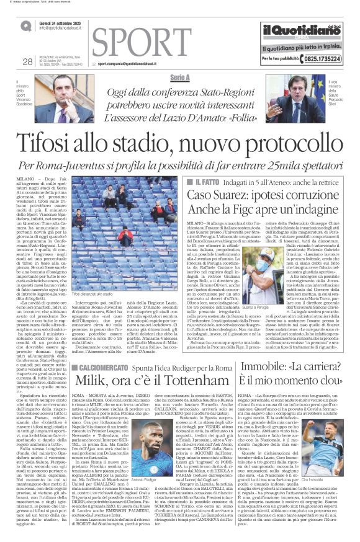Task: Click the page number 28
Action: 27,61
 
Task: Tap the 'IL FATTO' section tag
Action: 209,166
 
